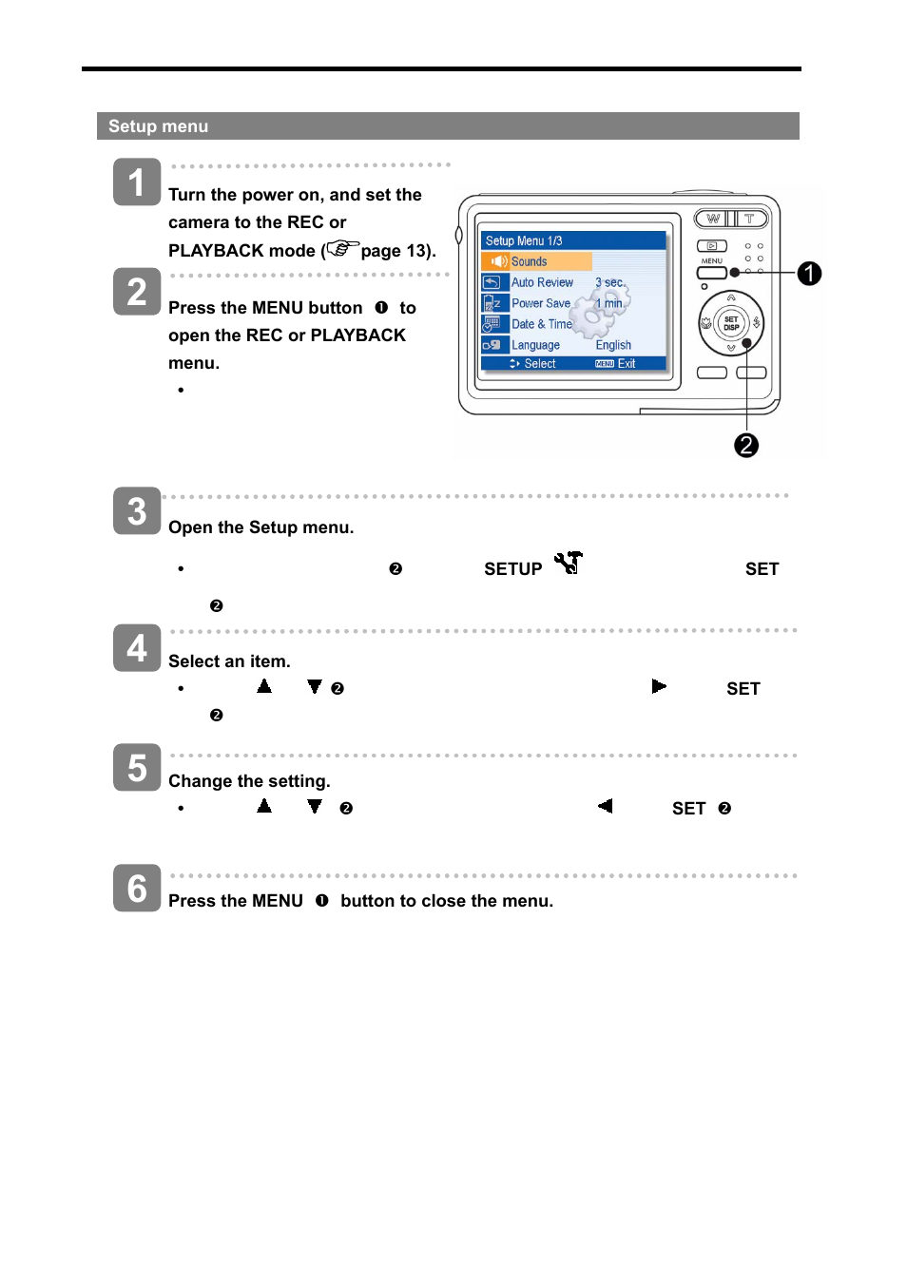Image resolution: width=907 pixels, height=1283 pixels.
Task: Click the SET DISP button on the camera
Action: click(730, 323)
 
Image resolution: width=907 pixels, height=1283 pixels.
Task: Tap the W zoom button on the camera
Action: click(712, 219)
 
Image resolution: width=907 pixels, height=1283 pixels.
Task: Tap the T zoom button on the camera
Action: click(750, 219)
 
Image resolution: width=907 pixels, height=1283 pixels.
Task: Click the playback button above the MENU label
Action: click(712, 246)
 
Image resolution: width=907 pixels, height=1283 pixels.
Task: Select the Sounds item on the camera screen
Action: click(529, 261)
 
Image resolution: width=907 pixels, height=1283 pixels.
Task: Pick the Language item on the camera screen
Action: click(535, 345)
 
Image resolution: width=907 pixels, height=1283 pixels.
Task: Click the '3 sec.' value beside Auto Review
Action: click(610, 282)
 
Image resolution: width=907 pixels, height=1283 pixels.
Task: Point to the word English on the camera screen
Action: click(613, 345)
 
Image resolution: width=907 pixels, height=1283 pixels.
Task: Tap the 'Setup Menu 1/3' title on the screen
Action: click(524, 240)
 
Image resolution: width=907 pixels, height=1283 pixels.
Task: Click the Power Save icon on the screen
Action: click(492, 303)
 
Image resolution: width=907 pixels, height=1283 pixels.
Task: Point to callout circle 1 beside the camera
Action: click(809, 274)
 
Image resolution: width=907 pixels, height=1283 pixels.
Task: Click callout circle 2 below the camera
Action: click(746, 445)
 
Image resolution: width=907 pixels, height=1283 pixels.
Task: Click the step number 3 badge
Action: click(137, 511)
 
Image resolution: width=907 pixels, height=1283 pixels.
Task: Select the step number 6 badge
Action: click(137, 888)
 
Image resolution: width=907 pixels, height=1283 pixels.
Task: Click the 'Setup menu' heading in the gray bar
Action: click(158, 126)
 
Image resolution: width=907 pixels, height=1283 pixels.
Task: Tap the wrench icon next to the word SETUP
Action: click(569, 564)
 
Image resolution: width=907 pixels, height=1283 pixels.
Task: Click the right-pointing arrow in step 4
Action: click(659, 686)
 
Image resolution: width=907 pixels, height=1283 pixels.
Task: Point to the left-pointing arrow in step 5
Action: click(605, 806)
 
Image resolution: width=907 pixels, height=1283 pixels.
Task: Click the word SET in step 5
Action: click(688, 809)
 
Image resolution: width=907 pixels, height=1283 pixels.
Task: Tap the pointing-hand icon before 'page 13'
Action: click(342, 249)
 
